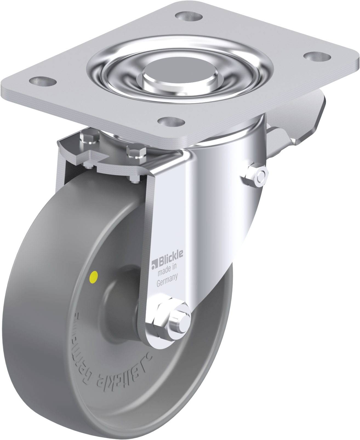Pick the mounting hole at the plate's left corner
pos(43,81)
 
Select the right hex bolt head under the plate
pos(136,152)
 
